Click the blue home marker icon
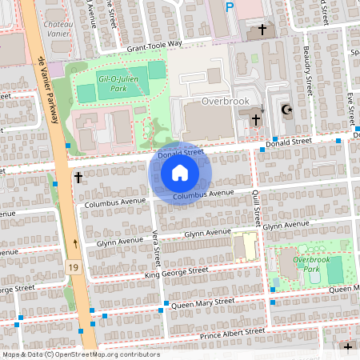tap(180, 173)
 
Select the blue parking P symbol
tap(230, 8)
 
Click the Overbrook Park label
tap(311, 265)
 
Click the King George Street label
tap(176, 272)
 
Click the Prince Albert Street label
tap(232, 331)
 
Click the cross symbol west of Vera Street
tap(78, 177)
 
